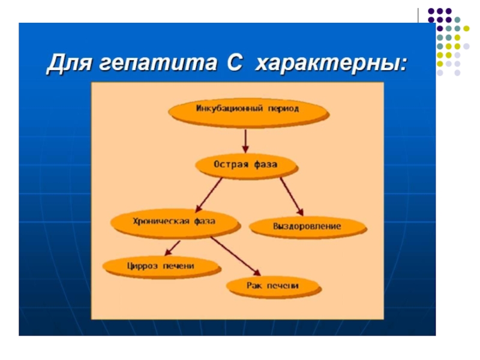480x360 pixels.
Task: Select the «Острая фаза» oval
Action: click(x=246, y=164)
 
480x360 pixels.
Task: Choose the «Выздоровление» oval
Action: click(x=307, y=226)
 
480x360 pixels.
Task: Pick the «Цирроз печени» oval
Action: click(x=161, y=265)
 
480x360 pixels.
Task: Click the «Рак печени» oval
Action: click(x=272, y=286)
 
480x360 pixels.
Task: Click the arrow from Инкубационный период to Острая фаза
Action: click(x=245, y=140)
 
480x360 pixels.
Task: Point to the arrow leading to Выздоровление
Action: click(x=292, y=196)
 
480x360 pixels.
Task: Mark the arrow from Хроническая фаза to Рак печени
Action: click(x=235, y=254)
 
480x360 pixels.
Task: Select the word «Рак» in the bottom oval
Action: click(x=254, y=286)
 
